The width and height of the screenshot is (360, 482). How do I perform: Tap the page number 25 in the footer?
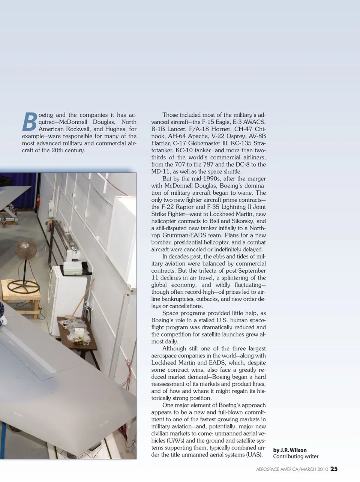(x=334, y=468)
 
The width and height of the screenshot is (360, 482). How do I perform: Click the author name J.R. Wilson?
(x=294, y=450)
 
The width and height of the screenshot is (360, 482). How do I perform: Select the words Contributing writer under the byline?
(x=296, y=456)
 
